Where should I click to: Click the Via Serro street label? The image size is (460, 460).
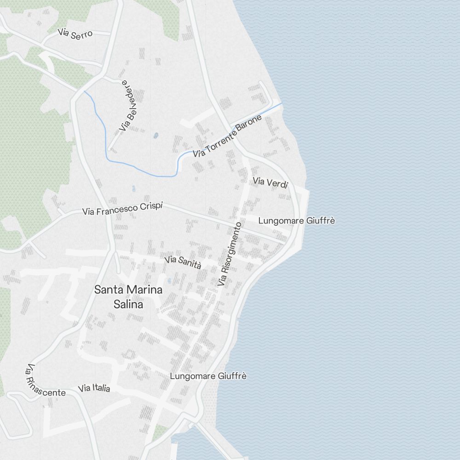75,34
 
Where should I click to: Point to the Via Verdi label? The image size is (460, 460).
270,183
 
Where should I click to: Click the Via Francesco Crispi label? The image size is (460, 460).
122,209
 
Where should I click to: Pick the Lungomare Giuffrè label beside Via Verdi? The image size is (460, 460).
296,221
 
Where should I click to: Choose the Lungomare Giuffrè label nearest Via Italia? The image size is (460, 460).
208,376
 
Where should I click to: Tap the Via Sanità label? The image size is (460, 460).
183,263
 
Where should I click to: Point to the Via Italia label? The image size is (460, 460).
94,388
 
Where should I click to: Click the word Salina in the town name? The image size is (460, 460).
128,304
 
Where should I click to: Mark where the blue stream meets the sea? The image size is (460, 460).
282,103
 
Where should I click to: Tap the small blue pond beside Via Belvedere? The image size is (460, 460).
155,136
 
